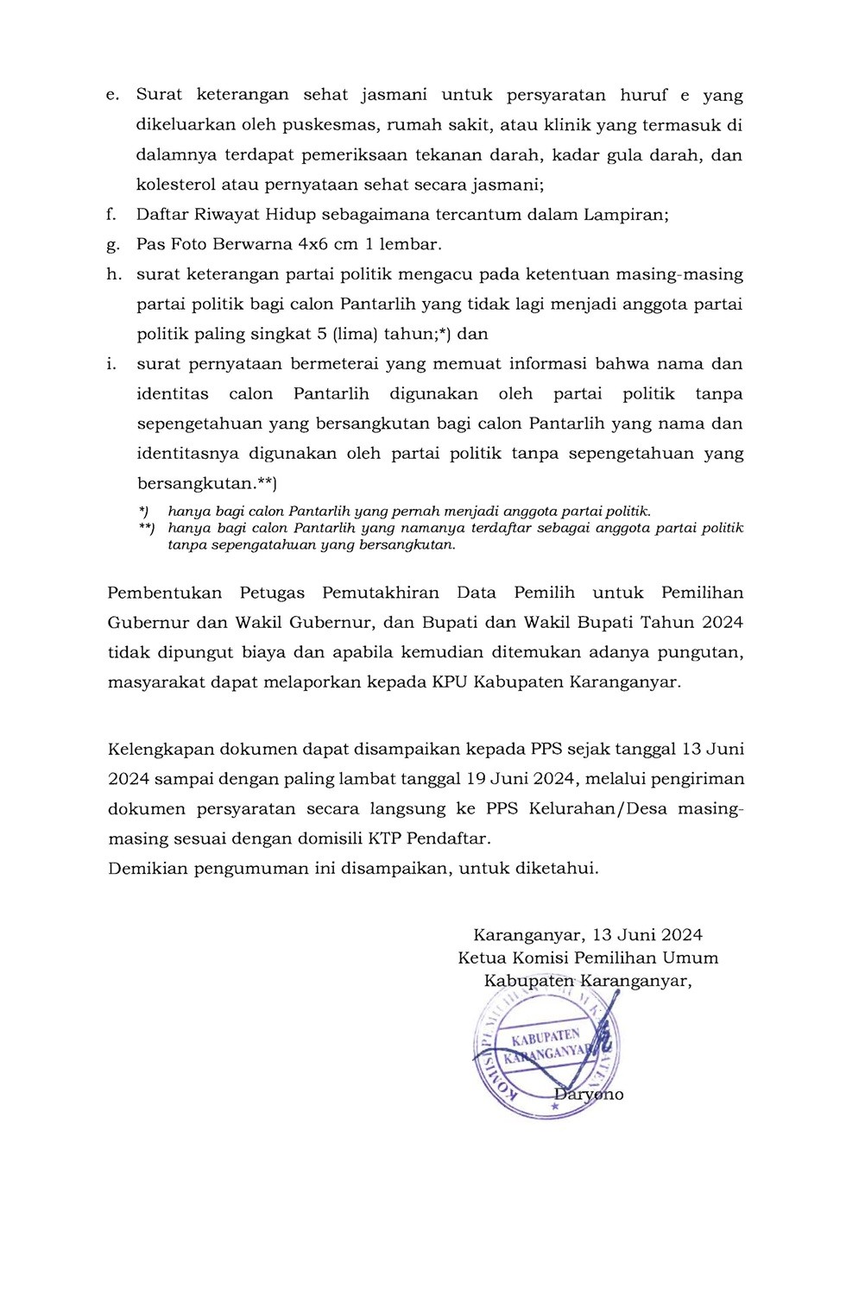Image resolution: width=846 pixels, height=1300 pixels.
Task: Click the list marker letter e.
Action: (x=112, y=96)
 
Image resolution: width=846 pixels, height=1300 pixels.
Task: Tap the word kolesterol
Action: (x=176, y=185)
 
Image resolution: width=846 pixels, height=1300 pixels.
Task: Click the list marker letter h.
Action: (x=113, y=274)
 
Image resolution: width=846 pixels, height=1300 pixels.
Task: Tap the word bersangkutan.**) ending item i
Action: (x=207, y=483)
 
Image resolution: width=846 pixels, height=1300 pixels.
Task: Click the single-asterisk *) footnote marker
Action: (x=144, y=512)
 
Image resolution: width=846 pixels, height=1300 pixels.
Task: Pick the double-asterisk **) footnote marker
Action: (x=147, y=527)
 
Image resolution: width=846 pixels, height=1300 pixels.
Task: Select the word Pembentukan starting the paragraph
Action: (x=165, y=593)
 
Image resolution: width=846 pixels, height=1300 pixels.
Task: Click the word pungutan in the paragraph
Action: (x=703, y=652)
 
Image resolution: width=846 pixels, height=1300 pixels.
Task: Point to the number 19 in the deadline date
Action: (x=476, y=779)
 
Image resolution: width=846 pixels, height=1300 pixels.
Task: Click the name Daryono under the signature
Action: (x=589, y=1095)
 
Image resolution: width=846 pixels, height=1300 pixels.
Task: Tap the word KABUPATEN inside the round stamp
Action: (x=546, y=1037)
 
